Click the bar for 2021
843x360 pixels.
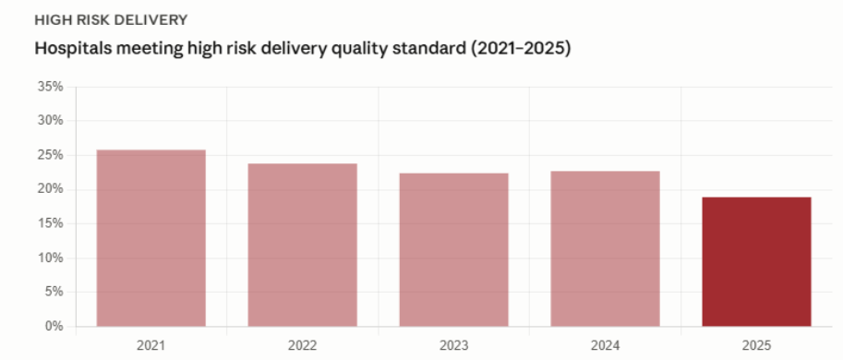coord(151,238)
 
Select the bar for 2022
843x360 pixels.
coord(302,245)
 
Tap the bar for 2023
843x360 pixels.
coord(453,250)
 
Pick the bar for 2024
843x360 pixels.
coord(606,249)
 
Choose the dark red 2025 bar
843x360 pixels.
coord(756,261)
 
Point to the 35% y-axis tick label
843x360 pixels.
coord(51,87)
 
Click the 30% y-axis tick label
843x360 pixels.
coord(51,121)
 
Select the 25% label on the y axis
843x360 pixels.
coord(51,155)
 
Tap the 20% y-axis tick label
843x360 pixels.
coord(51,189)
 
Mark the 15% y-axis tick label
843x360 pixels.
coord(51,223)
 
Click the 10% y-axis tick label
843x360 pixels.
coord(51,258)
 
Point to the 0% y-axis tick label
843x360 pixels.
coord(54,326)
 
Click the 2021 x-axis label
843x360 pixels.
coord(151,345)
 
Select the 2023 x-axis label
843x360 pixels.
coord(453,345)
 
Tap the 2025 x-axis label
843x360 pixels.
coord(756,345)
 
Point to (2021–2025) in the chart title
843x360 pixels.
coord(521,49)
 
